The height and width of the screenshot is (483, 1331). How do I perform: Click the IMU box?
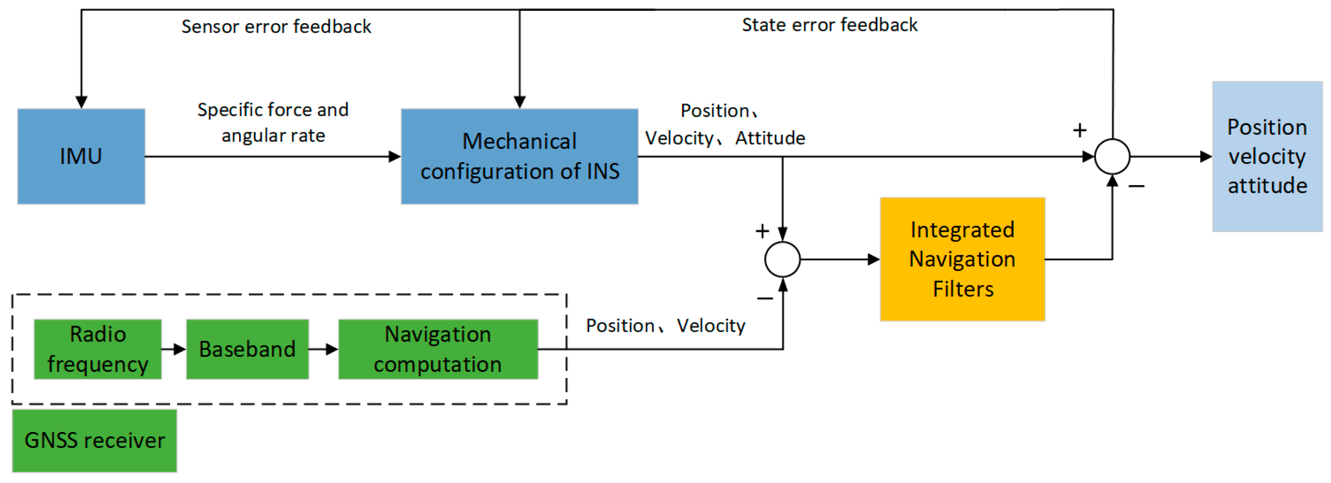[81, 156]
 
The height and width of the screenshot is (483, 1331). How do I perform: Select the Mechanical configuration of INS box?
[519, 156]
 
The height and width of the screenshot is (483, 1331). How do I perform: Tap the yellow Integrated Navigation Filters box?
[962, 259]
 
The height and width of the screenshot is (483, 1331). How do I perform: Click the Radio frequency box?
[98, 349]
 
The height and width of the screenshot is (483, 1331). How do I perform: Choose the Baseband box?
[247, 349]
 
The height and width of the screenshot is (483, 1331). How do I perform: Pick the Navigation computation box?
[438, 349]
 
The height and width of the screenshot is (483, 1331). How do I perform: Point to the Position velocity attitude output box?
[1267, 156]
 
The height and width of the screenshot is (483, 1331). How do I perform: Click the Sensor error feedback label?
[276, 26]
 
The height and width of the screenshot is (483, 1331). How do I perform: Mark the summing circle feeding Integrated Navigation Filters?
[782, 259]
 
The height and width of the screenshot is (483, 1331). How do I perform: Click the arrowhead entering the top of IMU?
[81, 101]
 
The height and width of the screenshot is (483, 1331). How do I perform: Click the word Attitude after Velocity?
[770, 138]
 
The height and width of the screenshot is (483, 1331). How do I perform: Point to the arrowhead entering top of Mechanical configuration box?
[519, 101]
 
